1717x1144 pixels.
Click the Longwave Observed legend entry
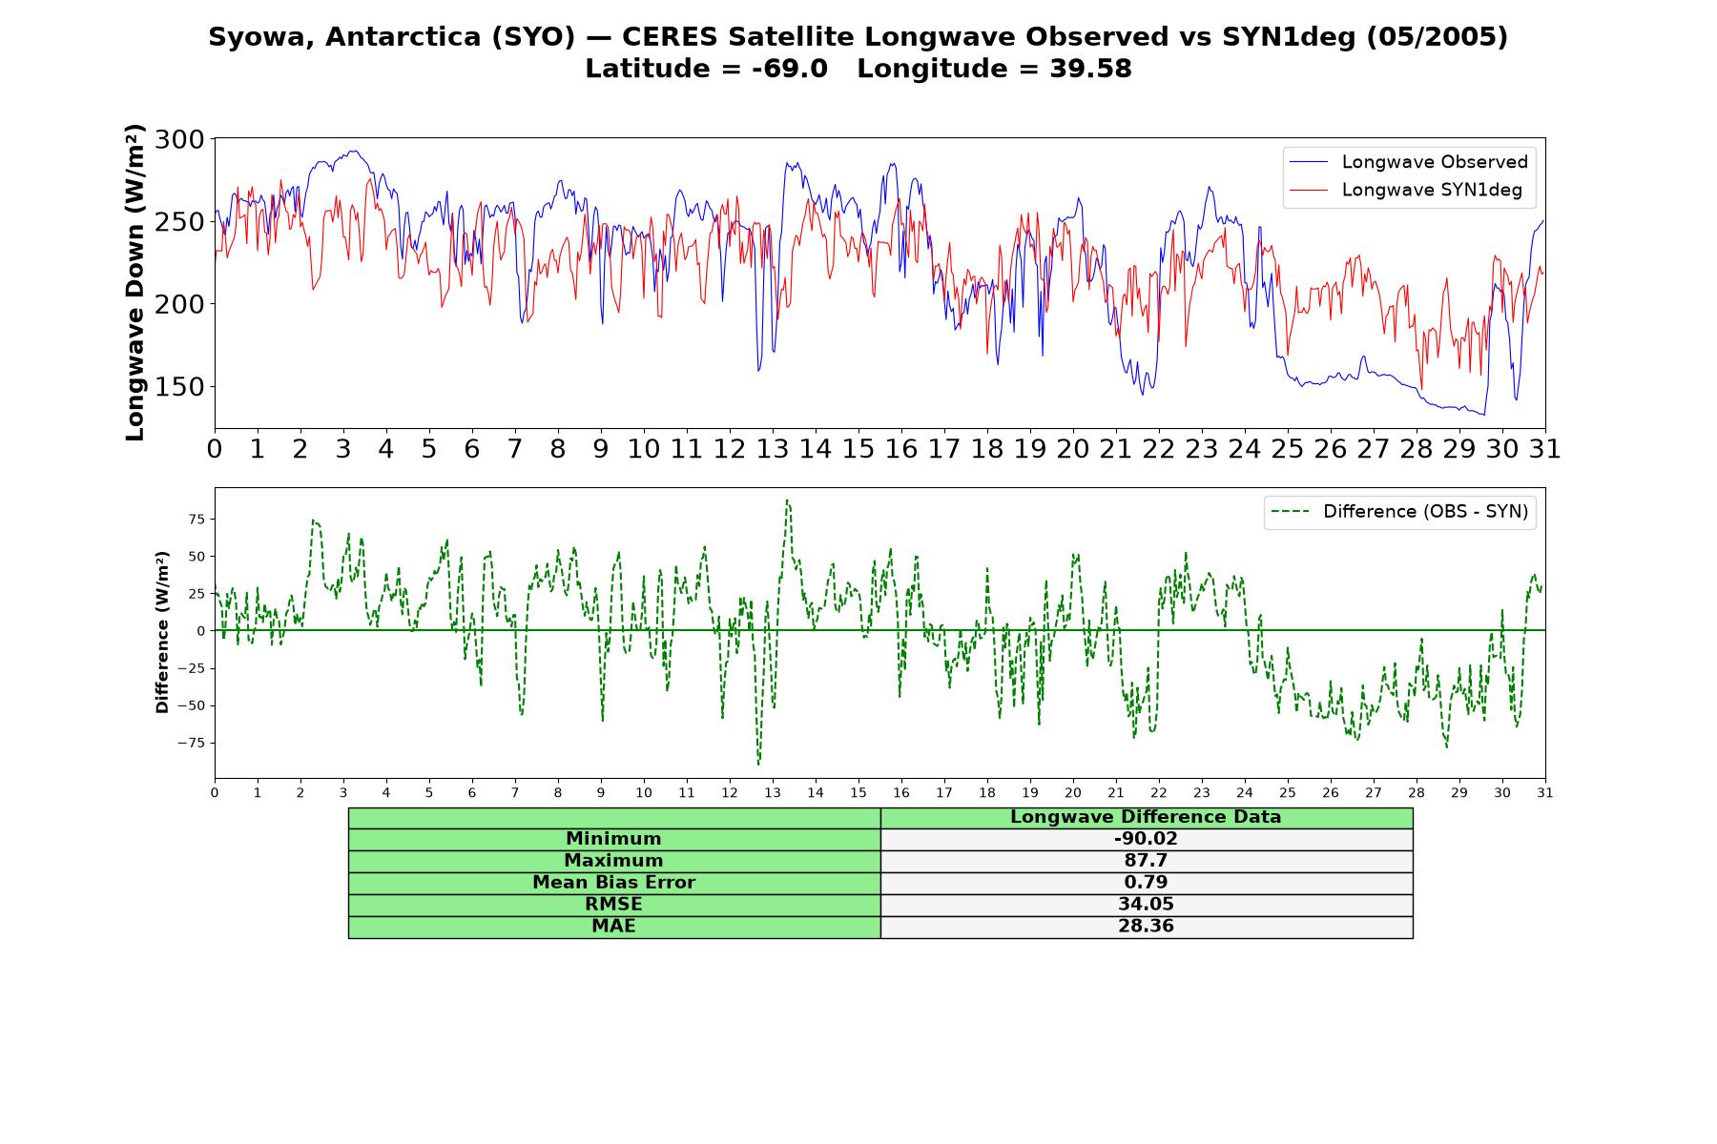(1409, 162)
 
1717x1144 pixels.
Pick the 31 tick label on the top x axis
(1544, 449)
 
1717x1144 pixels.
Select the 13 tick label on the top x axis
(772, 449)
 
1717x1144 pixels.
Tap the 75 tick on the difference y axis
(197, 520)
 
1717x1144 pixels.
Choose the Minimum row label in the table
(613, 839)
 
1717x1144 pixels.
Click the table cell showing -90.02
(1146, 839)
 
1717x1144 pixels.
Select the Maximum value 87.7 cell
(1146, 861)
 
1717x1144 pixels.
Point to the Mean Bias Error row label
(613, 883)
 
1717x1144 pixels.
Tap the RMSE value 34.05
(1146, 905)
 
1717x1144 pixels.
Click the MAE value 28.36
(1146, 927)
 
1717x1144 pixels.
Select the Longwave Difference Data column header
(1146, 817)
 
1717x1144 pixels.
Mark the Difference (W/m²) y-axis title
(162, 632)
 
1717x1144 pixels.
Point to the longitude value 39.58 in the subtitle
(1091, 69)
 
